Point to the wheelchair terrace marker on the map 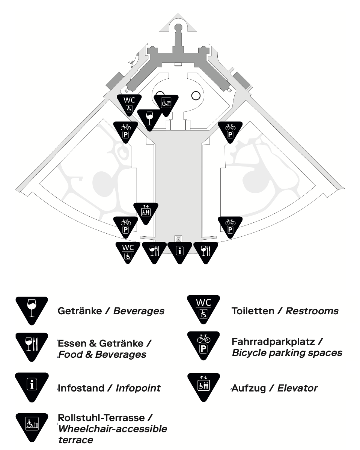click(x=166, y=104)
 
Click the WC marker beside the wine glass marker click(x=129, y=104)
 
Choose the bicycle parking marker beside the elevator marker click(x=126, y=226)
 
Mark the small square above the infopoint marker click(x=178, y=239)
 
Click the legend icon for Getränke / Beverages click(x=32, y=309)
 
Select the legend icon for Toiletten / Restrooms click(x=203, y=308)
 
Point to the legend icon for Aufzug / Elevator click(x=204, y=386)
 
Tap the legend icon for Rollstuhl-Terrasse click(x=32, y=426)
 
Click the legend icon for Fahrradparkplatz click(x=203, y=344)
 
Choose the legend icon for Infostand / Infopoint click(x=32, y=385)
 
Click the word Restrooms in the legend click(x=312, y=311)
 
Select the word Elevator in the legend click(x=297, y=388)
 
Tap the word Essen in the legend click(x=72, y=343)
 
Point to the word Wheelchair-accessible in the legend click(x=113, y=429)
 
